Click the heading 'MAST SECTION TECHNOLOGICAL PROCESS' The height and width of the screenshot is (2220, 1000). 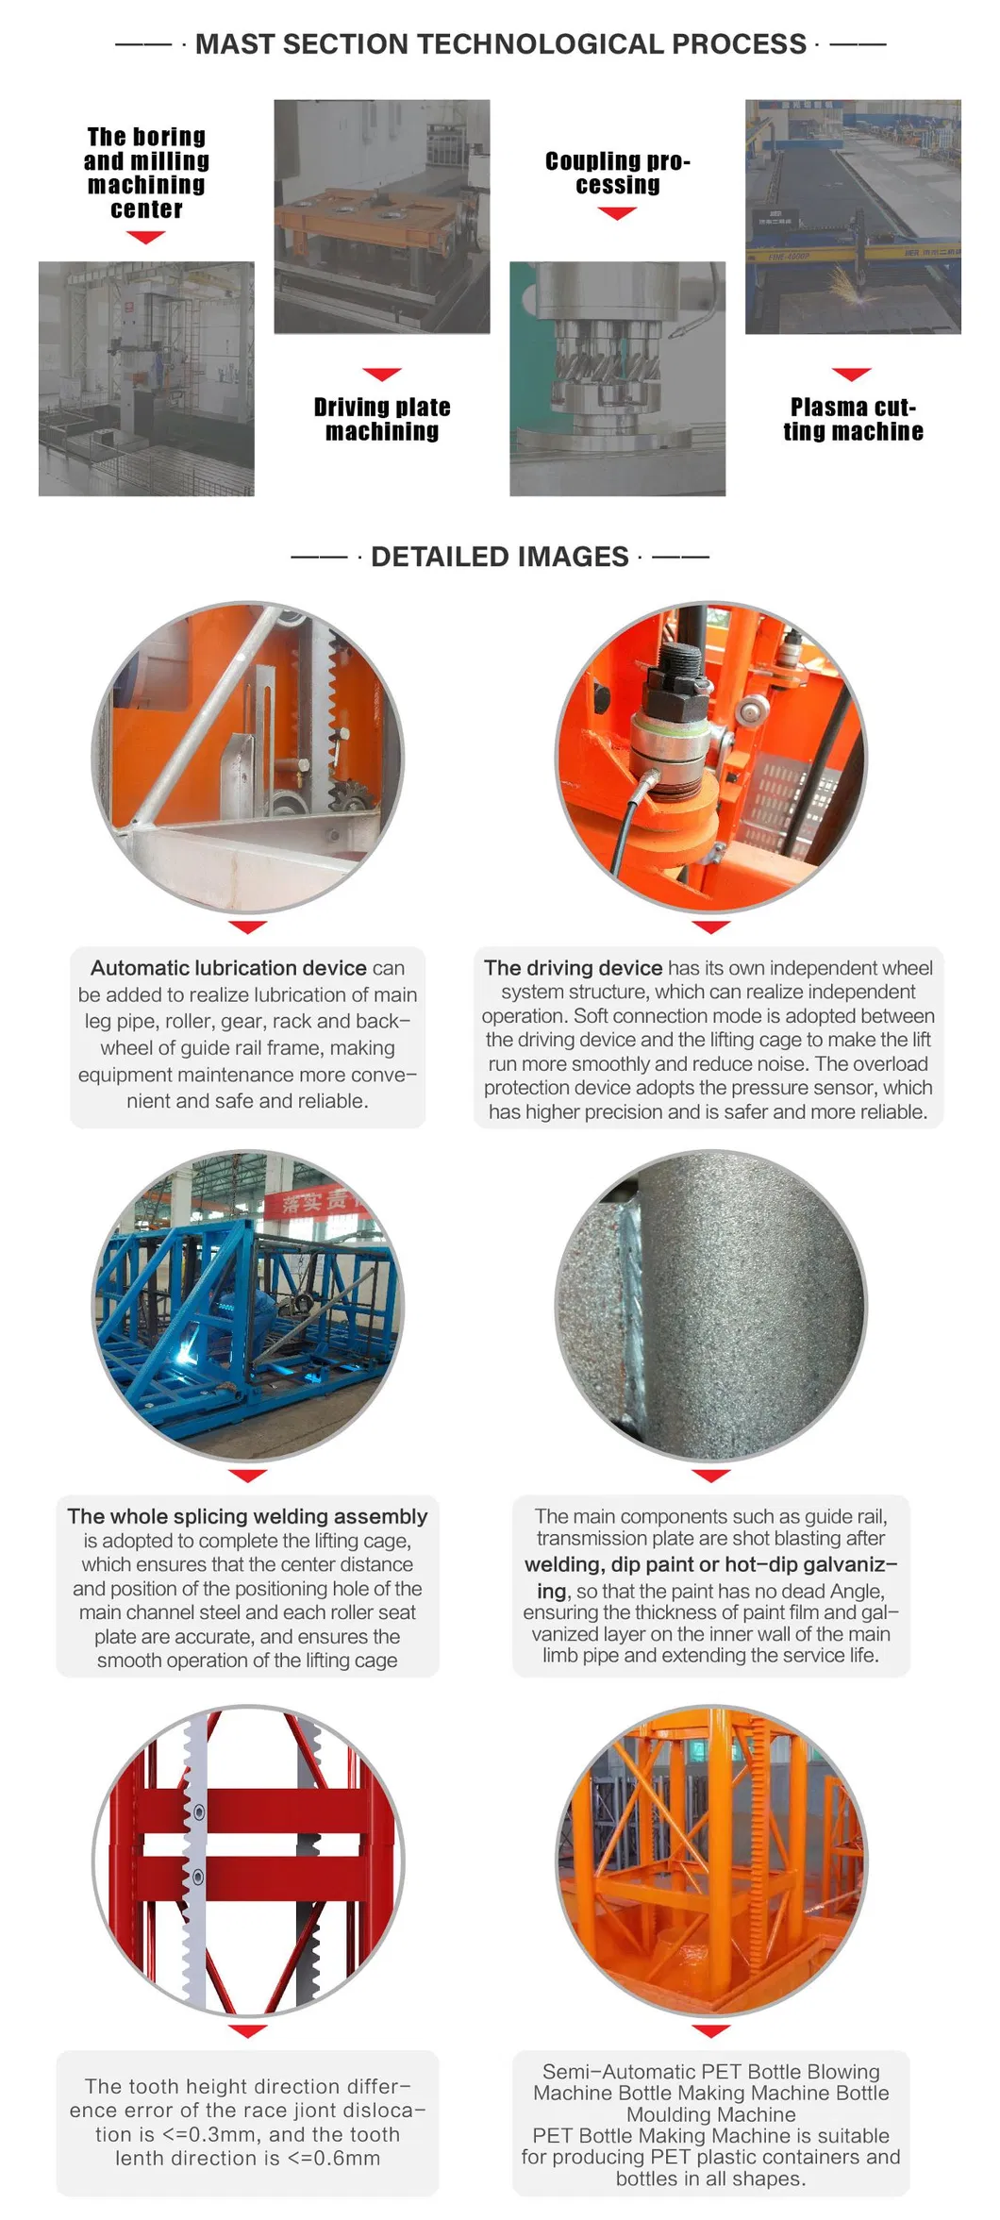pos(500,44)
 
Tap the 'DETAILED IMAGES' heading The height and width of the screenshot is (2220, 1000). pos(500,557)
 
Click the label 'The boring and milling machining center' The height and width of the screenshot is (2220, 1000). pos(146,173)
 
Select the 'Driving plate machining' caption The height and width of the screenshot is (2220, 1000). pos(382,419)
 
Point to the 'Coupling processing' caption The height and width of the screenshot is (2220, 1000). pos(618,173)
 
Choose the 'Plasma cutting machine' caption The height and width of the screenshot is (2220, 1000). pos(853,419)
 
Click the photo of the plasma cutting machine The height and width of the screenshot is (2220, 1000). pos(853,216)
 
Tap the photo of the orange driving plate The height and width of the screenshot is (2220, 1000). pos(382,216)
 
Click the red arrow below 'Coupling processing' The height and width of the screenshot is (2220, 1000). pos(617,214)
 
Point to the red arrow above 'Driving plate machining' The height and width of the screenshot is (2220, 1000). pos(382,374)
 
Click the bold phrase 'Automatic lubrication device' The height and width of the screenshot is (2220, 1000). pos(228,968)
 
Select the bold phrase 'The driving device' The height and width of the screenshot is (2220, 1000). pos(573,968)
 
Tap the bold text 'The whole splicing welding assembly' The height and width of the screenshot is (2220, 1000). pos(247,1516)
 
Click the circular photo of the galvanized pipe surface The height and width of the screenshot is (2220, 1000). pos(710,1305)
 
